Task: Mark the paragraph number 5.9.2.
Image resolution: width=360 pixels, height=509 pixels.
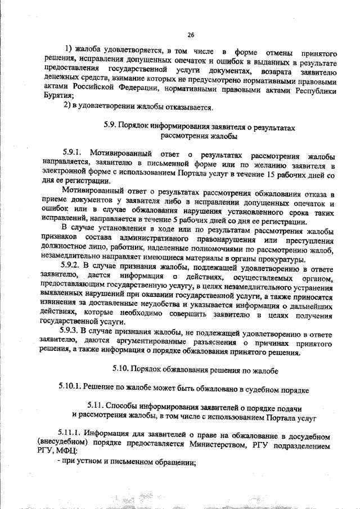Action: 71,268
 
